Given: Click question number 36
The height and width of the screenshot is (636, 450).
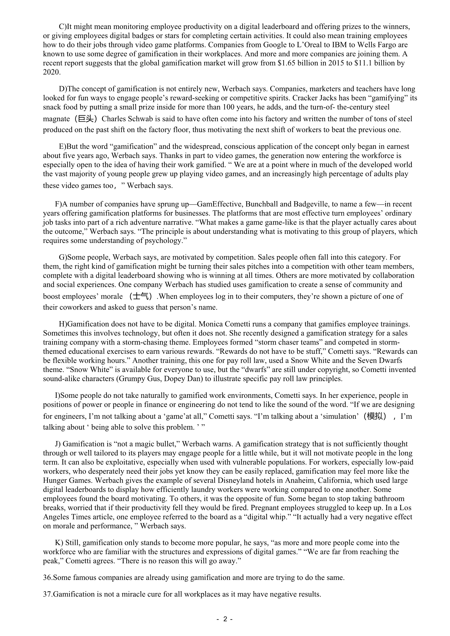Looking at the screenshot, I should [47, 578].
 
